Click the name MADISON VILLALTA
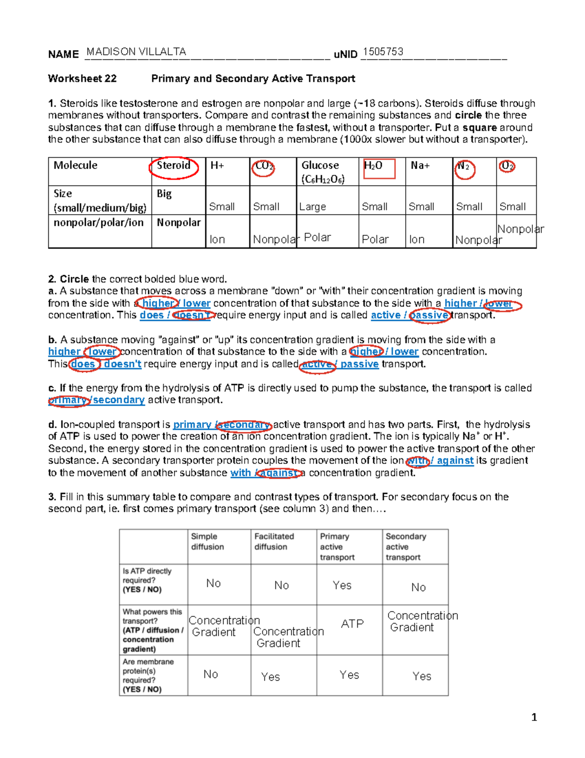click(136, 52)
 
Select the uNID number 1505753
click(383, 52)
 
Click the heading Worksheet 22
click(82, 79)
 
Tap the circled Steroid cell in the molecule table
click(174, 166)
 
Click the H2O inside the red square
click(373, 166)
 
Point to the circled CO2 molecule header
click(264, 166)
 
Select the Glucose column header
click(320, 166)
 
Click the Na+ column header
click(420, 165)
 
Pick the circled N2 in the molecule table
click(464, 167)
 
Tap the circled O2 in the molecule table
click(507, 166)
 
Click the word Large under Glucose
click(312, 207)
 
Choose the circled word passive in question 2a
click(429, 315)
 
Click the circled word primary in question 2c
click(68, 400)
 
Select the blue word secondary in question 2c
click(119, 400)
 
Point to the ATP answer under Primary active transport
click(352, 624)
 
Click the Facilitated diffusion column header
click(274, 541)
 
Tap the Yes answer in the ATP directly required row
click(342, 585)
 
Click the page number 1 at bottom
click(534, 717)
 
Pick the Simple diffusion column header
click(207, 541)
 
